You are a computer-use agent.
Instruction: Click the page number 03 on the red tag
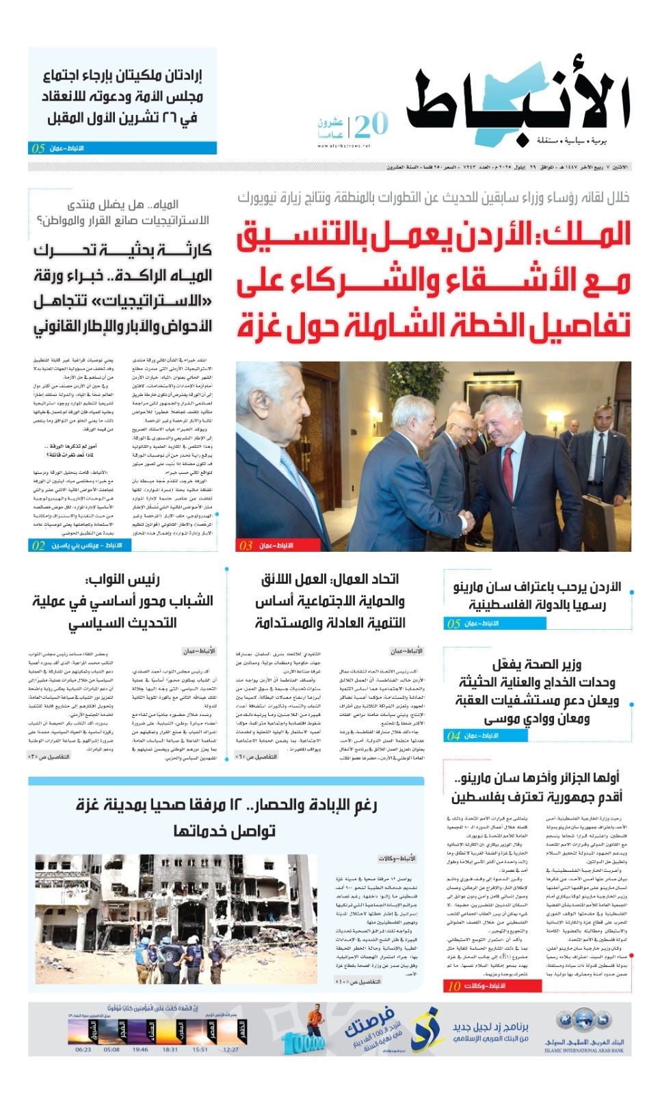click(x=246, y=545)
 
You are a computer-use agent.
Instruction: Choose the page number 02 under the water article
click(x=38, y=545)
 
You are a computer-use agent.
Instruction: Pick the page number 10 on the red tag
click(x=453, y=986)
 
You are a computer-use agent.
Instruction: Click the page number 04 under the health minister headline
click(x=453, y=736)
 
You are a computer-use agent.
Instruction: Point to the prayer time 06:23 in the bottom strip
click(x=83, y=1050)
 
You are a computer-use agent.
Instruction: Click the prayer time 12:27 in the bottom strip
click(x=230, y=1050)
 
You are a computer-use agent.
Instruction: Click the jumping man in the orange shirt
click(x=315, y=1019)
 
